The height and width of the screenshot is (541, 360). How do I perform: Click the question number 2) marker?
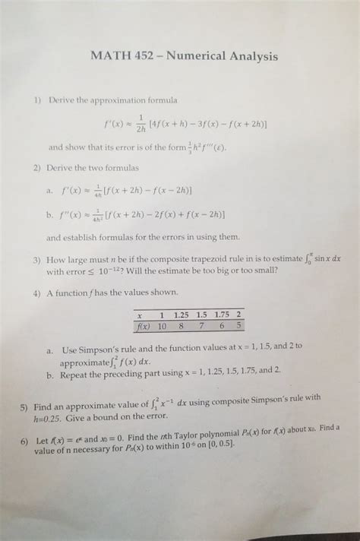tap(36, 166)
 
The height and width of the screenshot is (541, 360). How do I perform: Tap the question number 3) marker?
tap(36, 260)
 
